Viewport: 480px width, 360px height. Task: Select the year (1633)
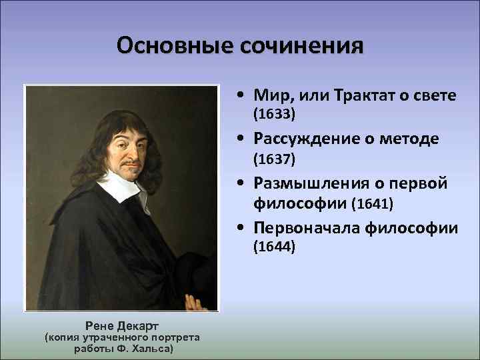(x=273, y=115)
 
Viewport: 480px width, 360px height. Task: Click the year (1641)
(x=373, y=202)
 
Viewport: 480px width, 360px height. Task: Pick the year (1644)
(x=273, y=247)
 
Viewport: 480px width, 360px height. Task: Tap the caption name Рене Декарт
(x=121, y=325)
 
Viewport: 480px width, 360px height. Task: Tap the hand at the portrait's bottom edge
(x=194, y=303)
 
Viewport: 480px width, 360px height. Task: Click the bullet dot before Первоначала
(x=239, y=229)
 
